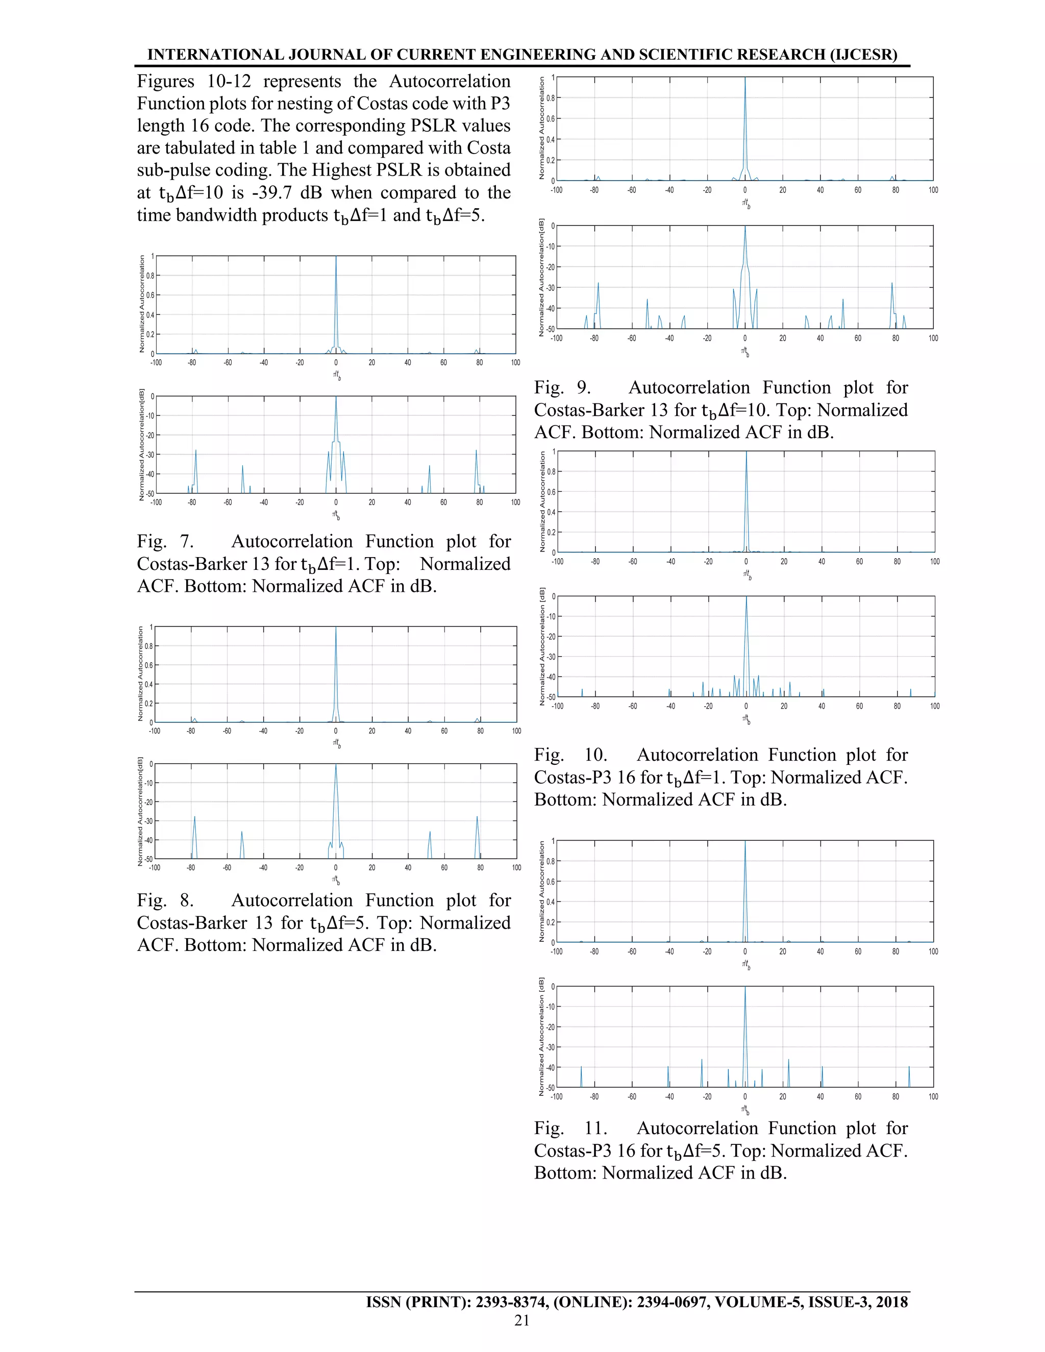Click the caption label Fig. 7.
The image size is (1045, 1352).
click(165, 542)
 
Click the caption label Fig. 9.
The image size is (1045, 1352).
click(562, 388)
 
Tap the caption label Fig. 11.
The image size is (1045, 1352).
click(570, 1129)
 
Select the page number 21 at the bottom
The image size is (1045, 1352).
click(522, 1320)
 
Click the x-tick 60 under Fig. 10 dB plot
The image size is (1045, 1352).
click(859, 706)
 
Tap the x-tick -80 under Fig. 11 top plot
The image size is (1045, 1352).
click(594, 952)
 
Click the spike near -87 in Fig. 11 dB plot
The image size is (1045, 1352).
click(581, 1067)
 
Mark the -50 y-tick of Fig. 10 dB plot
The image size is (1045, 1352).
click(551, 697)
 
